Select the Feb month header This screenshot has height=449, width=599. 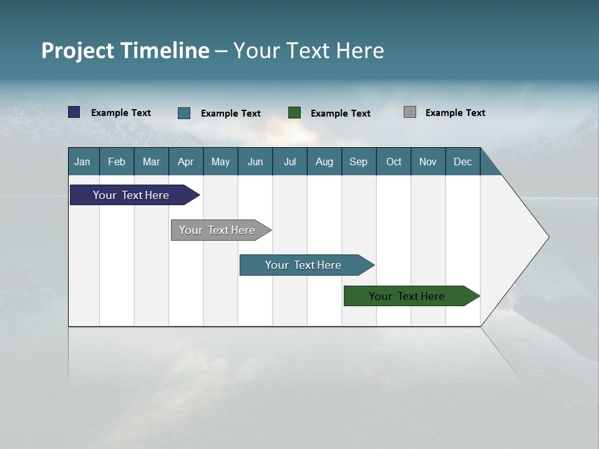117,162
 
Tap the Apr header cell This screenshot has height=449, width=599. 186,162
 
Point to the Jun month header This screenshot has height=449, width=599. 255,162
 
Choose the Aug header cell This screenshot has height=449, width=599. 324,162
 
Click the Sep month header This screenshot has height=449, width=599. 359,162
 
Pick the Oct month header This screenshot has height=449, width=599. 394,162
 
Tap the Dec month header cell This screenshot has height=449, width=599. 463,162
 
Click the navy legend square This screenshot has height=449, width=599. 74,112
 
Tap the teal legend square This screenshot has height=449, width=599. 184,113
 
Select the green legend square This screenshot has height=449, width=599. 295,113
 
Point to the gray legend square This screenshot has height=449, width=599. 410,112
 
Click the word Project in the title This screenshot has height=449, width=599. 77,51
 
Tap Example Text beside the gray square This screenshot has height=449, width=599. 455,113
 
